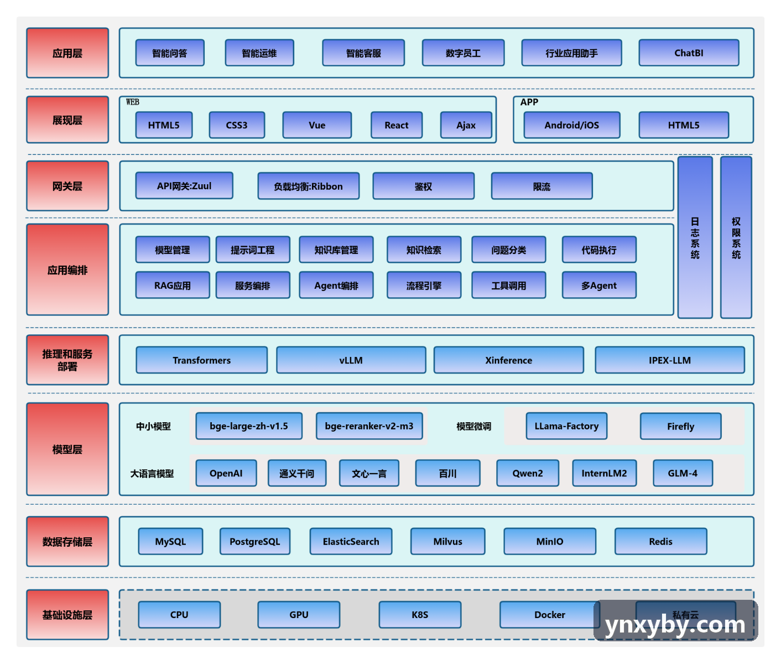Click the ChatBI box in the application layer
click(x=689, y=53)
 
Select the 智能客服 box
click(x=363, y=53)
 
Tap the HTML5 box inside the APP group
click(x=684, y=125)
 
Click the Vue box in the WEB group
click(x=316, y=125)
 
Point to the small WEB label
click(x=133, y=102)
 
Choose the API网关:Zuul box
click(x=184, y=185)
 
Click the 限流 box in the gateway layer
click(x=542, y=186)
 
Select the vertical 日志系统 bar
click(x=695, y=237)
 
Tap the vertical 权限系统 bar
click(x=736, y=237)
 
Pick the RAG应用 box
click(x=173, y=286)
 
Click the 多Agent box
click(x=599, y=286)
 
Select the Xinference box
click(x=508, y=360)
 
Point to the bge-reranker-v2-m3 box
click(x=369, y=426)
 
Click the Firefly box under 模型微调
click(x=680, y=426)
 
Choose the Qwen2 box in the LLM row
click(x=528, y=473)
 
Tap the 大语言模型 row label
click(x=152, y=474)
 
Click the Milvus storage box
click(x=447, y=541)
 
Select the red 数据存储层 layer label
click(x=67, y=541)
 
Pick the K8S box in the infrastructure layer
click(x=420, y=615)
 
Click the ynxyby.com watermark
click(x=675, y=624)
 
